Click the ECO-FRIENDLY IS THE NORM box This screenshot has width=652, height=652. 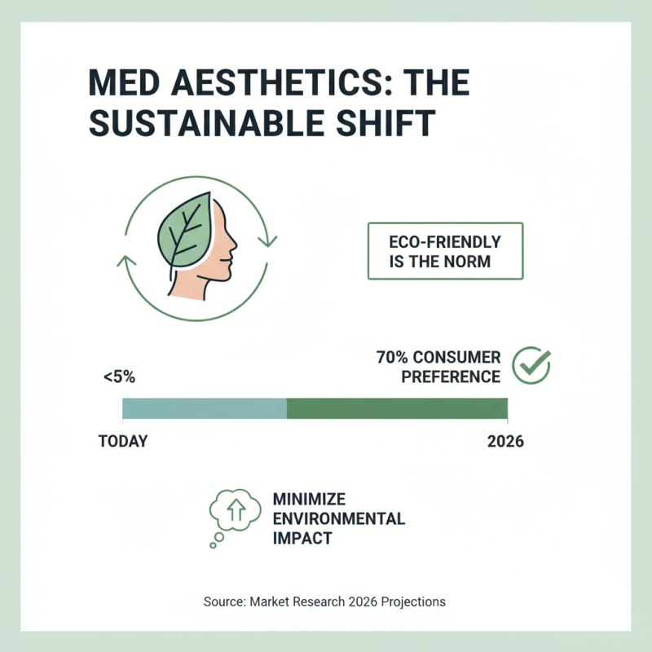pyautogui.click(x=445, y=251)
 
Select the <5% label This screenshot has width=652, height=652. pyautogui.click(x=120, y=377)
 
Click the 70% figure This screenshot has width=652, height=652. pyautogui.click(x=393, y=358)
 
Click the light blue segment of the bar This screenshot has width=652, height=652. pyautogui.click(x=204, y=408)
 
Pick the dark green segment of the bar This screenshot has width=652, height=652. pyautogui.click(x=397, y=408)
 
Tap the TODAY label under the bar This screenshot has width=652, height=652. pyautogui.click(x=122, y=442)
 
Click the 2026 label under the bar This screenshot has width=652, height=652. pyautogui.click(x=504, y=442)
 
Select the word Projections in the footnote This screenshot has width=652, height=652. pyautogui.click(x=414, y=601)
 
